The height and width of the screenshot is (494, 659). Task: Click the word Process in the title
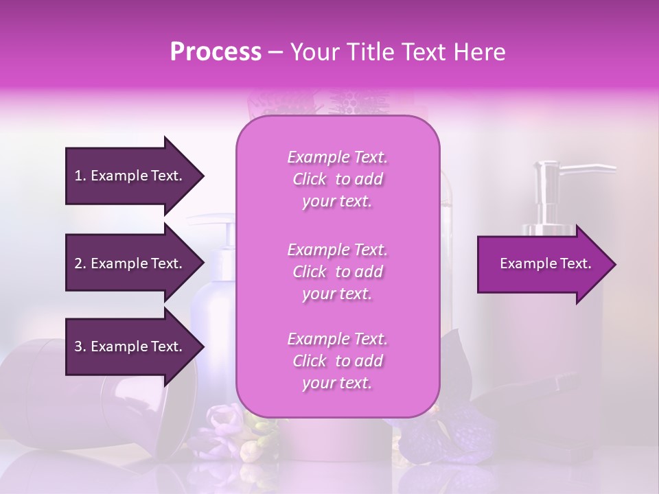216,52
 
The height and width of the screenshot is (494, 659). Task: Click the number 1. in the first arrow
80,176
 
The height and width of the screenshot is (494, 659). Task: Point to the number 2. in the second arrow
80,263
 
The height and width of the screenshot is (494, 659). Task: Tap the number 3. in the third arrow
80,346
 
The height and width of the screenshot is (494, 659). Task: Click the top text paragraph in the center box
337,179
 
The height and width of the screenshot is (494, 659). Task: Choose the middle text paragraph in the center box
337,272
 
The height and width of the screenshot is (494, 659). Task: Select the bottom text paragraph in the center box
337,361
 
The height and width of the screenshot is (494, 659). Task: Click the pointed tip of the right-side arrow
613,264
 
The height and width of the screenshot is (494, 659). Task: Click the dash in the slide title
276,53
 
